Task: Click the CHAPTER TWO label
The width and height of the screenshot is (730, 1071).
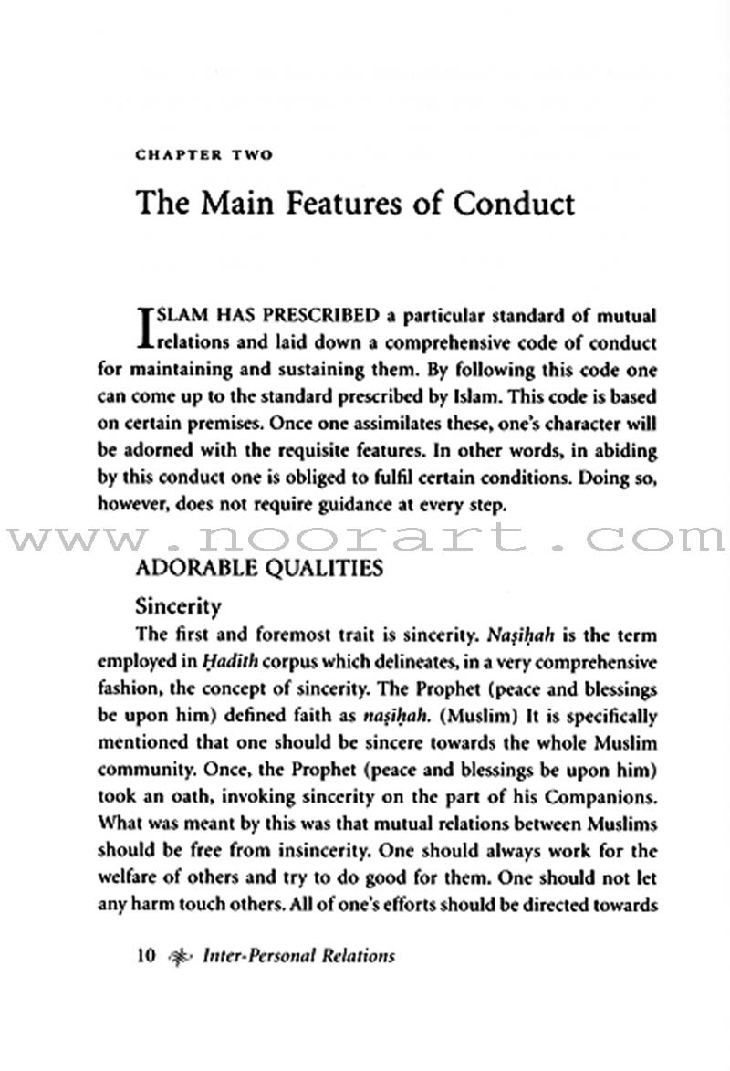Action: [203, 155]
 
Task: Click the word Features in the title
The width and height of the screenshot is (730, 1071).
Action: [330, 203]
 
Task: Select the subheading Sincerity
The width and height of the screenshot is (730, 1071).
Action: [179, 605]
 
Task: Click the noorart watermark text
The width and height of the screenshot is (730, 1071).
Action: [365, 538]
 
